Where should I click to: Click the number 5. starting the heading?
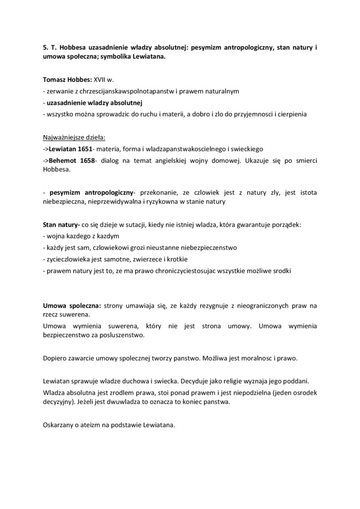[45, 48]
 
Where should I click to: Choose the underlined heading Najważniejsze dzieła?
[74, 138]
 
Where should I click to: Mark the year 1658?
[86, 161]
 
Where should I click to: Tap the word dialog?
[110, 161]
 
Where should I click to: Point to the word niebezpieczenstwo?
[209, 248]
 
